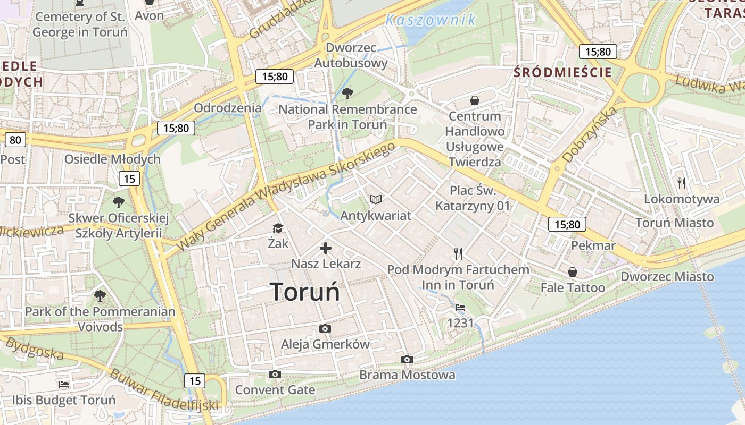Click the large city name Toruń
(x=304, y=292)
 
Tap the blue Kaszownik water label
(x=430, y=20)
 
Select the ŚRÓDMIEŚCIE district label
(x=563, y=73)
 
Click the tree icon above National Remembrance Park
(x=347, y=93)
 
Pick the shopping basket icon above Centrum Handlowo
(x=475, y=100)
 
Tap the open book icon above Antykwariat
(x=376, y=199)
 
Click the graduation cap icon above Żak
(x=278, y=228)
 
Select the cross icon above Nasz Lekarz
(x=326, y=248)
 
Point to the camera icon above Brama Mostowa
(x=407, y=360)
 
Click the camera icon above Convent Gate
(x=275, y=375)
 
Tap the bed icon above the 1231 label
(x=460, y=308)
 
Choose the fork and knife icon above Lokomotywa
(x=682, y=183)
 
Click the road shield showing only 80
(x=15, y=140)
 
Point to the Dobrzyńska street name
(x=589, y=134)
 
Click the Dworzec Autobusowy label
(x=351, y=55)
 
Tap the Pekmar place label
(x=593, y=245)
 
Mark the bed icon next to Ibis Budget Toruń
(x=64, y=384)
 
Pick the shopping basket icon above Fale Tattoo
(x=573, y=272)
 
